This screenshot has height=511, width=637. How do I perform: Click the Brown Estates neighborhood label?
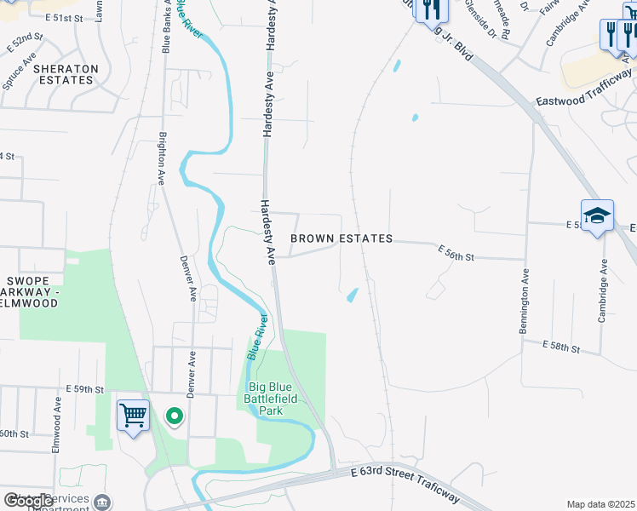(x=341, y=239)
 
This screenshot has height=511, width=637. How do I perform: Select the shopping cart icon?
(x=133, y=416)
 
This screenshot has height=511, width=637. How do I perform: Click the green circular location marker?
(x=175, y=416)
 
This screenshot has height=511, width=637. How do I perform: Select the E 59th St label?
(x=84, y=389)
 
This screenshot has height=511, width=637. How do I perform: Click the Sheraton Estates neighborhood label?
(x=66, y=74)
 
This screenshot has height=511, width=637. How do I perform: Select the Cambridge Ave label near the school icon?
(x=602, y=290)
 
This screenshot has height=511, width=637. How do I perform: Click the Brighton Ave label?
(x=161, y=159)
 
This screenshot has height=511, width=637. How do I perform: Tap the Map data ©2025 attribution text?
(x=600, y=504)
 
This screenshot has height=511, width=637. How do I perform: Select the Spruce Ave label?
(x=20, y=74)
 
